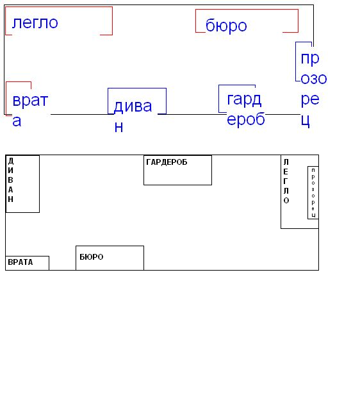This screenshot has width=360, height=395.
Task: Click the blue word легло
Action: [x=35, y=23]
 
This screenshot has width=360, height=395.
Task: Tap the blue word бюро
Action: [x=226, y=26]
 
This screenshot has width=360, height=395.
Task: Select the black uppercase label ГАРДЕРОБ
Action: [x=167, y=162]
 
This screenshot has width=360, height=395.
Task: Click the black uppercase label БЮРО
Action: [x=92, y=257]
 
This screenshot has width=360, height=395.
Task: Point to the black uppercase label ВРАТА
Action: [x=20, y=262]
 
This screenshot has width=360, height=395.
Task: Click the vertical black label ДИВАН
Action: [x=10, y=180]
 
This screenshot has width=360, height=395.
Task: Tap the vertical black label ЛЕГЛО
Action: [x=286, y=181]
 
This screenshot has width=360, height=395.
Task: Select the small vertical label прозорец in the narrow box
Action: [x=313, y=193]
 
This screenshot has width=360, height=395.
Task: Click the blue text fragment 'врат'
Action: [x=30, y=101]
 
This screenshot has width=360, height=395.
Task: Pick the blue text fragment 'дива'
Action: [x=133, y=106]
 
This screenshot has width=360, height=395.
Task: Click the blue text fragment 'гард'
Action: [x=244, y=100]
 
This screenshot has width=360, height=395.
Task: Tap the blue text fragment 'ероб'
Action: [x=246, y=119]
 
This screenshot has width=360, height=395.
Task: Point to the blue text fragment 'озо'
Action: [x=314, y=79]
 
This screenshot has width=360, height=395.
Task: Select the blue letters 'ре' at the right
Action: [x=310, y=100]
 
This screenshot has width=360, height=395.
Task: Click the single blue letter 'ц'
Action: [x=306, y=121]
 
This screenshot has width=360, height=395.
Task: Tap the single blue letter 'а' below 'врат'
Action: [x=17, y=121]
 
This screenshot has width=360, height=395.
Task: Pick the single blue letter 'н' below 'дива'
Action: [x=119, y=128]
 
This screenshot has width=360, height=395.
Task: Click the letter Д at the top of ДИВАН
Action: [x=10, y=161]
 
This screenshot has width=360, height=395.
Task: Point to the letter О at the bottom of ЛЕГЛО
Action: [x=286, y=201]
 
